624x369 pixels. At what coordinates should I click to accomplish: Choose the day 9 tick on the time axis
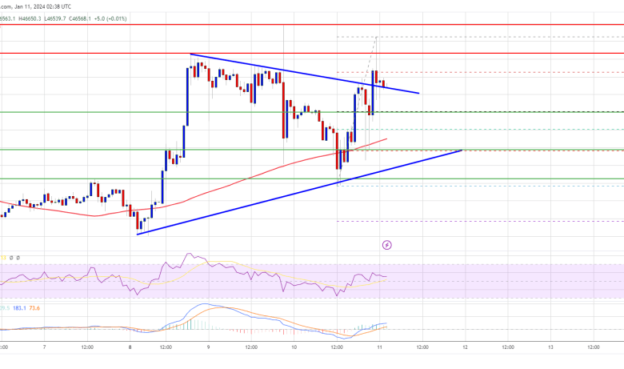point(209,348)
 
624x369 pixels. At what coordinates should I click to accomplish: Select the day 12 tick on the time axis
point(465,348)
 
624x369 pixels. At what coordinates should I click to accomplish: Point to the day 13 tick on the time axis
point(550,348)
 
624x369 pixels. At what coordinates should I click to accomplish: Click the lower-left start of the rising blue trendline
point(138,234)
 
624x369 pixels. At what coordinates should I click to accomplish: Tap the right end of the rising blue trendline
point(462,150)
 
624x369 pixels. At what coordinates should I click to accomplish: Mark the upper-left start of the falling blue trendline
point(190,54)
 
